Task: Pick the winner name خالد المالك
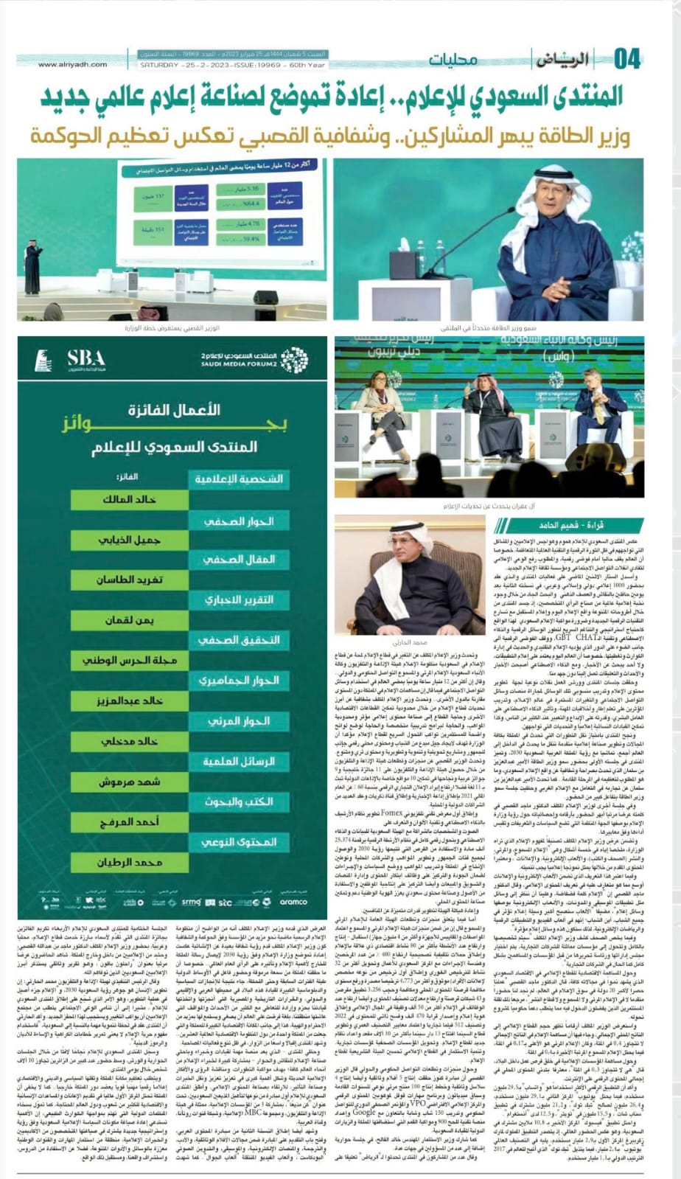pos(129,499)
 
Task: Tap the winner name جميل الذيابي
pos(129,540)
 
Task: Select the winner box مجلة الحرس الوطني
pos(129,660)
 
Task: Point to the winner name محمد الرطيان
pos(129,862)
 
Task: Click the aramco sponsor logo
pos(293,901)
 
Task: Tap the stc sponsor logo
pos(224,901)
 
